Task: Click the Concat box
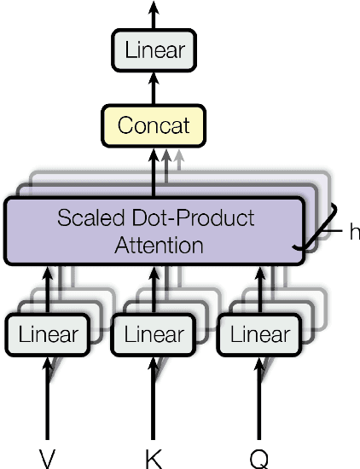pos(154,125)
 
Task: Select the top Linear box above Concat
pos(154,49)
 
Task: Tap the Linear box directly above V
pos(48,335)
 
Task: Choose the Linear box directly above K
pos(154,335)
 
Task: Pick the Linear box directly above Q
pos(258,335)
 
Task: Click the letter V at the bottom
pos(48,459)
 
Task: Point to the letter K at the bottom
pos(154,459)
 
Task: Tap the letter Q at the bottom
pos(258,459)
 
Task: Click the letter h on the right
pos(354,232)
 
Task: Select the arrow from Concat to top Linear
pos(154,88)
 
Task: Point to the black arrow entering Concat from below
pos(154,171)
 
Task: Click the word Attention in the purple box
pos(159,246)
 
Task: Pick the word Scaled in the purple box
pos(88,217)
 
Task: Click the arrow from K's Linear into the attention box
pos(154,290)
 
